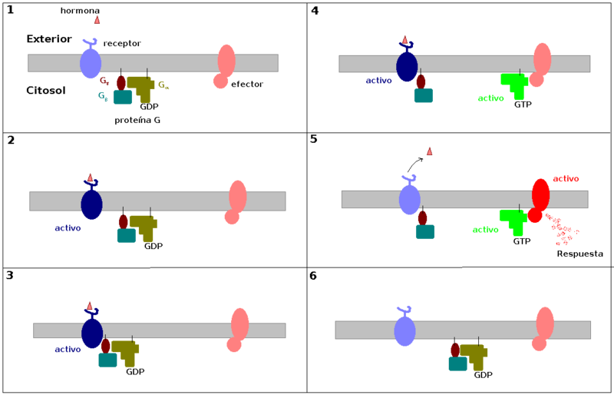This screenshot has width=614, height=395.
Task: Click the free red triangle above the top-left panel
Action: point(97,20)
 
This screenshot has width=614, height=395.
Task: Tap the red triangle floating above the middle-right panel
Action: point(429,151)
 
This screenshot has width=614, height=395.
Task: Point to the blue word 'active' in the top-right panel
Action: point(378,81)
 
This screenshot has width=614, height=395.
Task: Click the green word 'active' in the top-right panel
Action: point(490,98)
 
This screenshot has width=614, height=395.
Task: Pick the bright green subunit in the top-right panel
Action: point(515,84)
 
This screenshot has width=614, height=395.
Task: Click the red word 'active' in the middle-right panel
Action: point(566,179)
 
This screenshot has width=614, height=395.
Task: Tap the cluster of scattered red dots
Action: point(563,230)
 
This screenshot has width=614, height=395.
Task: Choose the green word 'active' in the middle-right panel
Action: point(485,230)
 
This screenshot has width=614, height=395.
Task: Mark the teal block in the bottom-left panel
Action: point(107,360)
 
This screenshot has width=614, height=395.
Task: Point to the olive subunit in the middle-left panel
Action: point(144,227)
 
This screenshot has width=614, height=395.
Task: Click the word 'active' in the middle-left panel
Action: point(68,228)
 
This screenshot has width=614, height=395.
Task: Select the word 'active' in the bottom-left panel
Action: point(68,350)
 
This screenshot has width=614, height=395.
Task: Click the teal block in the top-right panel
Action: point(424,95)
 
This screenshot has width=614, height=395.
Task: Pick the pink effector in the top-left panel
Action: point(225,65)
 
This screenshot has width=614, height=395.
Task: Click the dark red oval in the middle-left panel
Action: point(123,221)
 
